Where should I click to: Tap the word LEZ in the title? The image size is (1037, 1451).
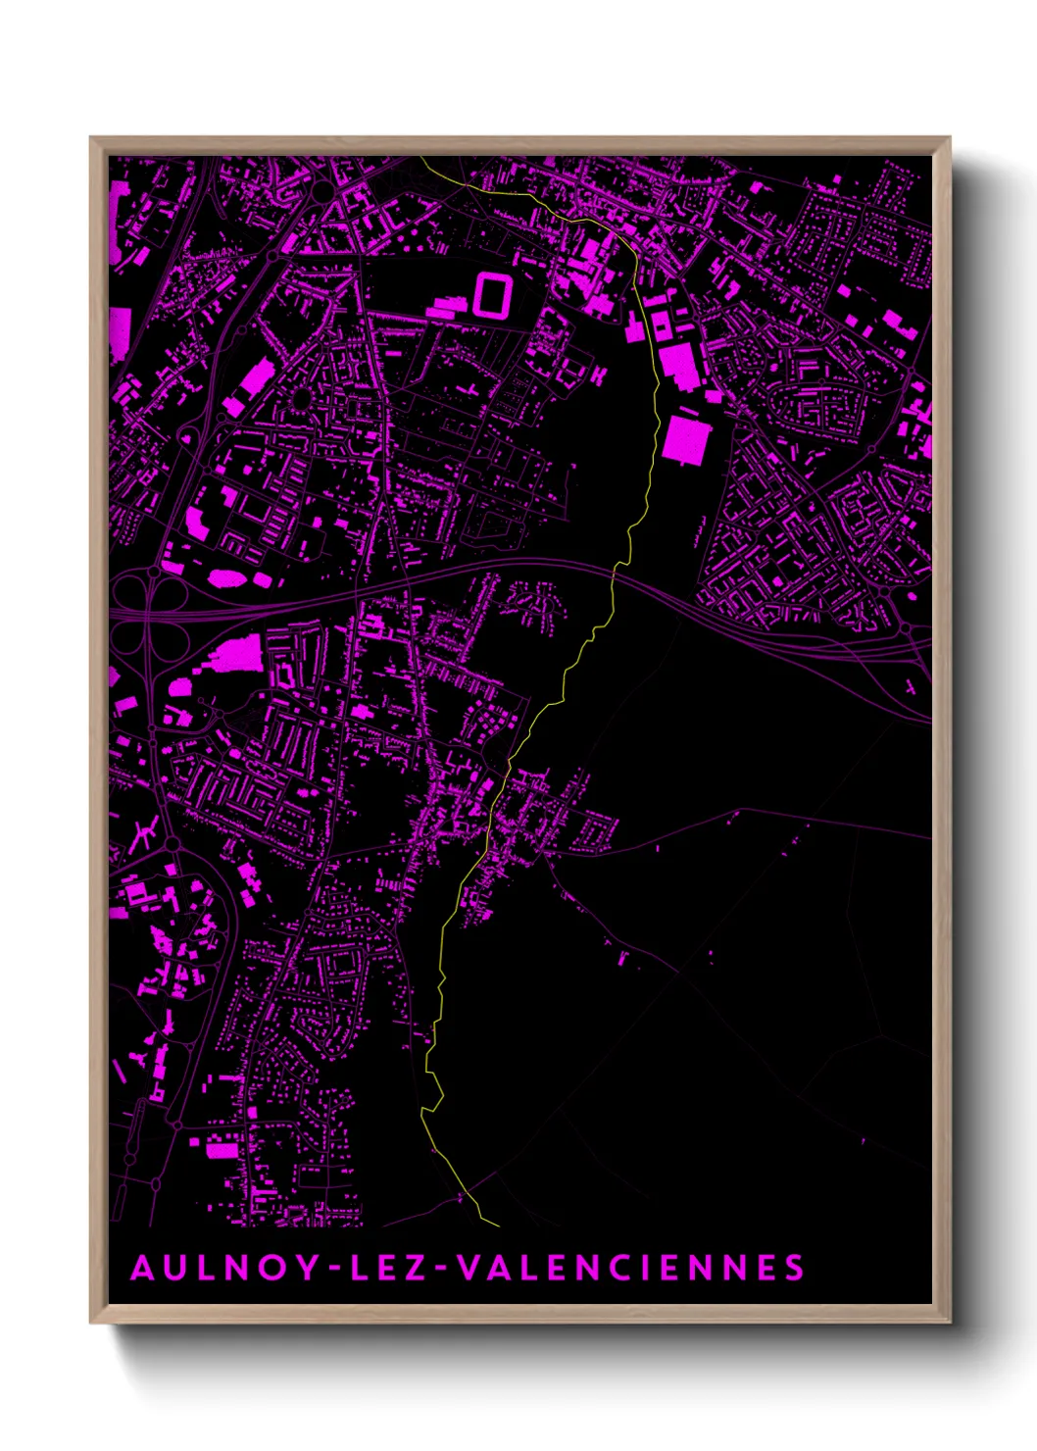[388, 1268]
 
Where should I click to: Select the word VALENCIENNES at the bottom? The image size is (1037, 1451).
[631, 1268]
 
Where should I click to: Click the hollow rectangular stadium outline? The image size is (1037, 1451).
[494, 293]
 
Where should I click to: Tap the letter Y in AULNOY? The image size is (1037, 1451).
[307, 1268]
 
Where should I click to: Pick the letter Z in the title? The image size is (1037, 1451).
[417, 1268]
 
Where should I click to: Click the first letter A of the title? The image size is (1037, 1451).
[143, 1268]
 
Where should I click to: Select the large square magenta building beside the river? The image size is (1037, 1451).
[685, 439]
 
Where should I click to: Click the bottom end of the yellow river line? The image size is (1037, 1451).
[499, 1226]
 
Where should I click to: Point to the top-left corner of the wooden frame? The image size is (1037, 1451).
[91, 138]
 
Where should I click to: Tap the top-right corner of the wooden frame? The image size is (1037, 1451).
[949, 138]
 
